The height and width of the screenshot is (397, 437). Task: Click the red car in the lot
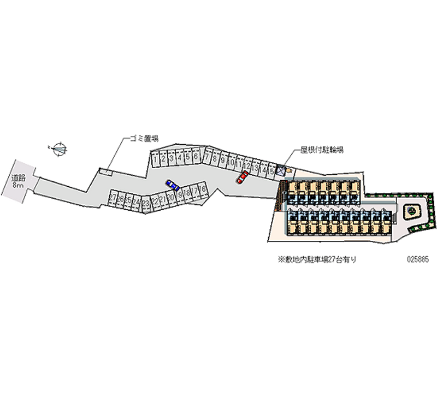(x=242, y=177)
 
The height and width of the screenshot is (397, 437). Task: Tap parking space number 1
(x=155, y=159)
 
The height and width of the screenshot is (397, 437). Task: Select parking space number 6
(x=196, y=157)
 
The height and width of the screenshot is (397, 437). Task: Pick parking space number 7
(x=207, y=158)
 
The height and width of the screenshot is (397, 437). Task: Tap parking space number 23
(x=145, y=203)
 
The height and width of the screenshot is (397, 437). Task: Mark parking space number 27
(x=113, y=198)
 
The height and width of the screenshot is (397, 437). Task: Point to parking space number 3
(x=172, y=158)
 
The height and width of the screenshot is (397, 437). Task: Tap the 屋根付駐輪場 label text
(x=322, y=149)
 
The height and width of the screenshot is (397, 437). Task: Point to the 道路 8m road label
(x=18, y=180)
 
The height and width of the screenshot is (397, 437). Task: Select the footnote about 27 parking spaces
(x=317, y=260)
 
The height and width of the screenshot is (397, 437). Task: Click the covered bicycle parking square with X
(x=280, y=171)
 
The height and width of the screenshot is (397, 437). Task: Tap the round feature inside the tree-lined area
(x=411, y=209)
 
